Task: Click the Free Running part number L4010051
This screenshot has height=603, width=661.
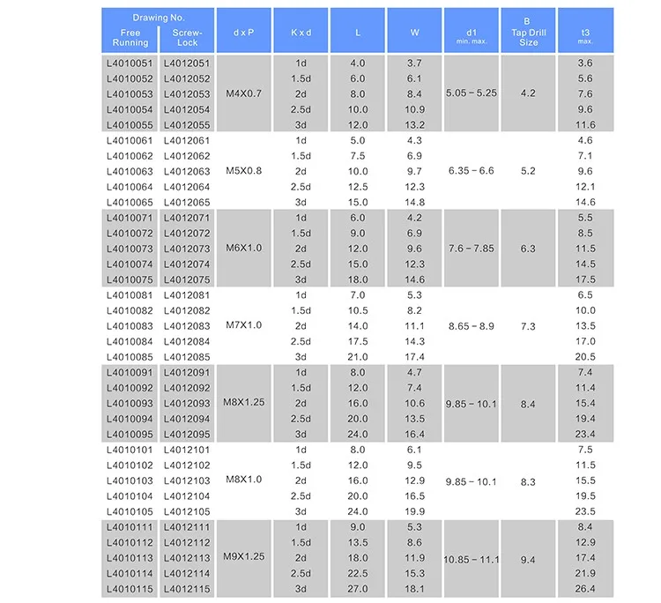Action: click(129, 63)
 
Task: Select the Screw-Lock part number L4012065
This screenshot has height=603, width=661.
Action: click(187, 202)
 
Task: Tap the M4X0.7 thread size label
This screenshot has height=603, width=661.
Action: click(244, 94)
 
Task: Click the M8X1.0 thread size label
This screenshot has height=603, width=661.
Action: click(244, 480)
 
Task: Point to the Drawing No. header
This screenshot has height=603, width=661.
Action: click(158, 18)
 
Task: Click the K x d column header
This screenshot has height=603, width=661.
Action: click(301, 32)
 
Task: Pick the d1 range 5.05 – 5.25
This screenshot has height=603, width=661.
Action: click(472, 94)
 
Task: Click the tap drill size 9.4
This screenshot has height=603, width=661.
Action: click(528, 558)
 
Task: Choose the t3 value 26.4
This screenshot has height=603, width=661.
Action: click(585, 589)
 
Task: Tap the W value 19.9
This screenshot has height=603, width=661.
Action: click(415, 511)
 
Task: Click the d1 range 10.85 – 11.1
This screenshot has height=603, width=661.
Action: click(472, 558)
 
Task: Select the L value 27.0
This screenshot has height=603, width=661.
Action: click(358, 589)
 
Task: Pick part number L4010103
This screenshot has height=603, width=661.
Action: click(129, 480)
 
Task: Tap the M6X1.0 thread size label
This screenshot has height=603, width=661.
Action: click(244, 249)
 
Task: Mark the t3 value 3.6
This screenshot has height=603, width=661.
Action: click(585, 63)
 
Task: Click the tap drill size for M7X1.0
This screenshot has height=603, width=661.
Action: click(528, 326)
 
